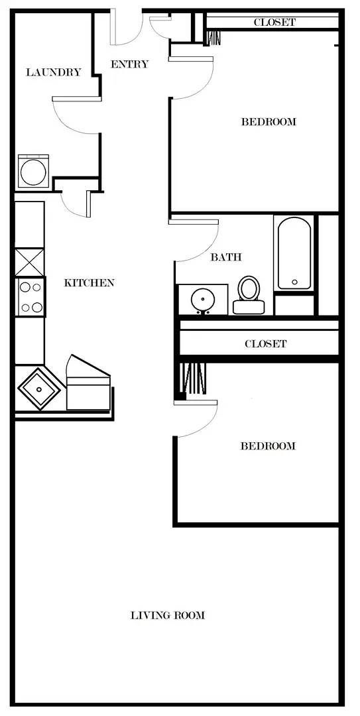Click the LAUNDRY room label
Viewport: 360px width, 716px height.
(54, 72)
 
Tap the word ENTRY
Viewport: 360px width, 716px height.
(130, 64)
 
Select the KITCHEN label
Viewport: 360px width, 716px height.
(89, 283)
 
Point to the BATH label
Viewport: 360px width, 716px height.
(225, 257)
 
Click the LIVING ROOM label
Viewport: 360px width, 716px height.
(168, 615)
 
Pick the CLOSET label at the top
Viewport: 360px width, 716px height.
(274, 22)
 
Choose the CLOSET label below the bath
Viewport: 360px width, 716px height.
(265, 344)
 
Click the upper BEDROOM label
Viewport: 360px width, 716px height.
(269, 122)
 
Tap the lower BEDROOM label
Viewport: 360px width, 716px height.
(268, 446)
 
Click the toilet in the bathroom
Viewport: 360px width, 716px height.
(249, 295)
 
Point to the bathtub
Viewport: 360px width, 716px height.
(294, 253)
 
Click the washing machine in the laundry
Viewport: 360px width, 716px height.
(33, 172)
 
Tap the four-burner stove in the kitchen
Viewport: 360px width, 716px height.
(30, 297)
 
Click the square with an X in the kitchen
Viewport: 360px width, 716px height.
(30, 262)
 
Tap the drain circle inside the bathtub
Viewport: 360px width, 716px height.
(294, 282)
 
